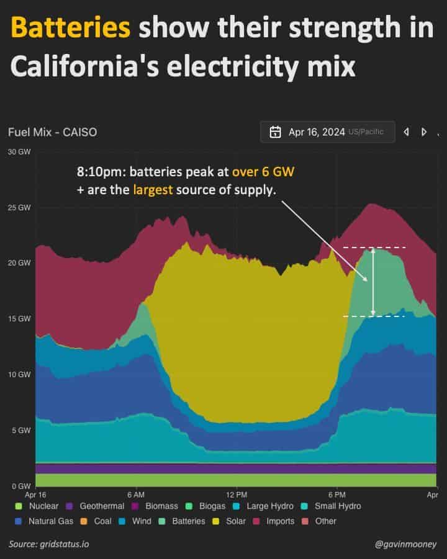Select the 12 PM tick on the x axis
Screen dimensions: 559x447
click(237, 494)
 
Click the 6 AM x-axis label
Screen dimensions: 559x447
click(135, 494)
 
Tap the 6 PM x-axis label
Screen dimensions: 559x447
click(337, 494)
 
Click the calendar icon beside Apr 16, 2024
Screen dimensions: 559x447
click(275, 132)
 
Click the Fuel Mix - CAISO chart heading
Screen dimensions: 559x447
click(52, 132)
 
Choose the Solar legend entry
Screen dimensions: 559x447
click(230, 521)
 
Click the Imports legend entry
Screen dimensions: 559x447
click(274, 521)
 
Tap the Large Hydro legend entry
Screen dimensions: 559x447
click(263, 506)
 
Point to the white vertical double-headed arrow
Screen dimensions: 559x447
click(372, 282)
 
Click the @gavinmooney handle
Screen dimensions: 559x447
click(406, 544)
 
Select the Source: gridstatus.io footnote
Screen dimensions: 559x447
click(48, 544)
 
